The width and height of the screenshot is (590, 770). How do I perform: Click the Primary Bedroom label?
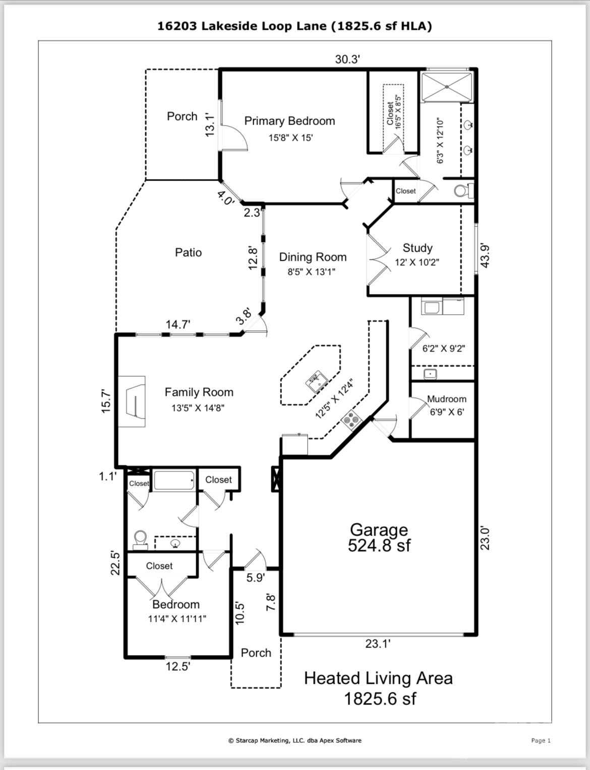pyautogui.click(x=289, y=121)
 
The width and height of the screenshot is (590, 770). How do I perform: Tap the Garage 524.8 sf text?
pyautogui.click(x=379, y=538)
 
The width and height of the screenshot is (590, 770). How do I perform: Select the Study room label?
pyautogui.click(x=417, y=248)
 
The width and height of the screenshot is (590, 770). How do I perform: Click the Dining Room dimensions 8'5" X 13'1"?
pyautogui.click(x=311, y=272)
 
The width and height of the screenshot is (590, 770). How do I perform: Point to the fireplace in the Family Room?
pyautogui.click(x=132, y=401)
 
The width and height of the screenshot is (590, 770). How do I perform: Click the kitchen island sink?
pyautogui.click(x=317, y=381)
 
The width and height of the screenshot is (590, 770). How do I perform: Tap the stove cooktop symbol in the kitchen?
pyautogui.click(x=351, y=419)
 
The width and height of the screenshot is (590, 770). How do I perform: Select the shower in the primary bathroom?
pyautogui.click(x=447, y=87)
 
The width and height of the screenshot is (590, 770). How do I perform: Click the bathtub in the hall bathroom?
pyautogui.click(x=174, y=481)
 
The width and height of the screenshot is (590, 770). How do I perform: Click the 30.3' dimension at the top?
pyautogui.click(x=347, y=60)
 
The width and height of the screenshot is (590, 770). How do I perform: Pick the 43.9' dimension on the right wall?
pyautogui.click(x=485, y=255)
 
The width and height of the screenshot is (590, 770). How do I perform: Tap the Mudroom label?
pyautogui.click(x=446, y=399)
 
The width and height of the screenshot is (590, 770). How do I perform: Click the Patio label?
pyautogui.click(x=188, y=253)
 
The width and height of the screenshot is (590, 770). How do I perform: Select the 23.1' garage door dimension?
pyautogui.click(x=378, y=644)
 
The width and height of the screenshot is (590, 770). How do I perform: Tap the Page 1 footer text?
pyautogui.click(x=541, y=740)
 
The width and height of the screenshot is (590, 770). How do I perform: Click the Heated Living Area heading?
pyautogui.click(x=378, y=678)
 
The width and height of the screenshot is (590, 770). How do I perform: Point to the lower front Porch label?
pyautogui.click(x=256, y=653)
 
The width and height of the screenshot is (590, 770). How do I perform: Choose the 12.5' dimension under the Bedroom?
pyautogui.click(x=178, y=667)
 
